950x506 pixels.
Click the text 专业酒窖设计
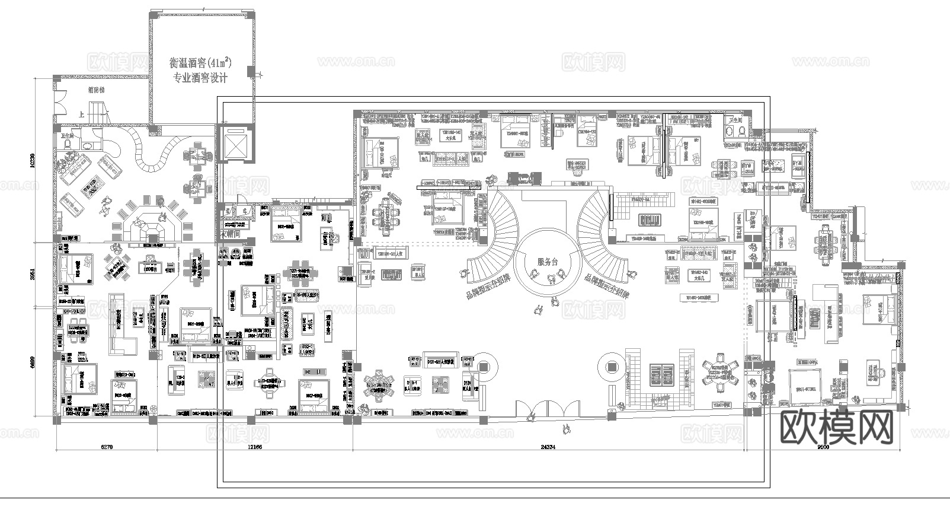point(200,78)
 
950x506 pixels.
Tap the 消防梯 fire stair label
point(96,91)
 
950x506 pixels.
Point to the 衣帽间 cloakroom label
point(231,234)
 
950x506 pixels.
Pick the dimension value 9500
point(823,447)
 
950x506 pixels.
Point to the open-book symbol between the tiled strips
point(659,375)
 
